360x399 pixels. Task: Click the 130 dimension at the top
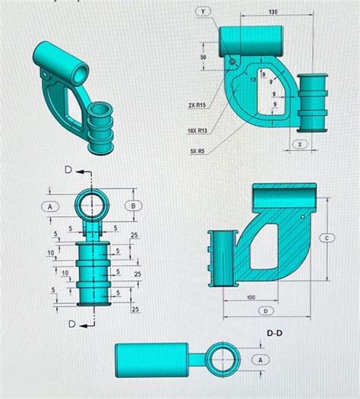click(x=272, y=12)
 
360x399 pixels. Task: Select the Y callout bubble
click(x=204, y=12)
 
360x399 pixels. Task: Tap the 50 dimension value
click(x=204, y=58)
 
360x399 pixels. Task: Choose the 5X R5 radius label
click(x=197, y=151)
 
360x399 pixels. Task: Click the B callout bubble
click(x=134, y=205)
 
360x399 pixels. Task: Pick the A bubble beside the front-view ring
click(x=50, y=206)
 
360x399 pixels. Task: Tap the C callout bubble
click(x=328, y=237)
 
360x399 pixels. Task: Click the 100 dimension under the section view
click(x=250, y=298)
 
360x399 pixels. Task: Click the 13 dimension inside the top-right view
click(x=253, y=79)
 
